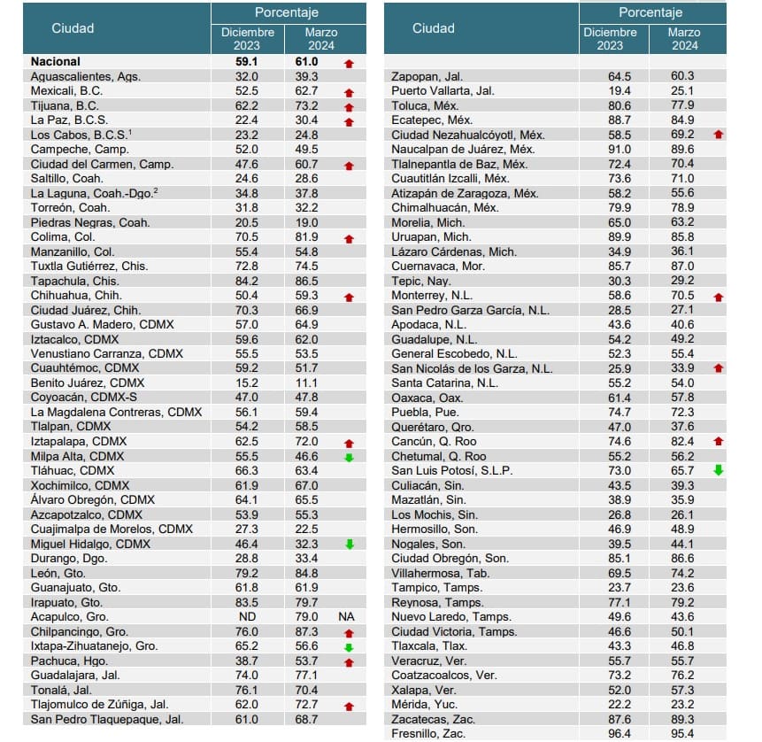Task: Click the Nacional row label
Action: tap(55, 62)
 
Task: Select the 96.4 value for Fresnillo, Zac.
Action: tap(614, 734)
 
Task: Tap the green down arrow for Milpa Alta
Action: tap(349, 457)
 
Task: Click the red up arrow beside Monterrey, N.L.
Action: tap(718, 297)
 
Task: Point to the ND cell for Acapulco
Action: tap(247, 617)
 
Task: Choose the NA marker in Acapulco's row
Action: tap(346, 617)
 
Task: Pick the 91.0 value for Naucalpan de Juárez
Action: tap(614, 150)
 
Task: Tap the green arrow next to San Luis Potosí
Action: tap(718, 471)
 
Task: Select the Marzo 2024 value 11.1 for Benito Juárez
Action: tap(320, 383)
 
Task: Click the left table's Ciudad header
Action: tap(73, 28)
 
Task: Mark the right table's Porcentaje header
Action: tap(650, 12)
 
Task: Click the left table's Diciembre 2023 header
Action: tap(248, 38)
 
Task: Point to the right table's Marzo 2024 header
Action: tap(683, 38)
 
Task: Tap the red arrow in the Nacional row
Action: tap(349, 63)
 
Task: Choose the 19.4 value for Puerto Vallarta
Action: tap(614, 91)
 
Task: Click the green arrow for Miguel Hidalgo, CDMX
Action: tap(349, 545)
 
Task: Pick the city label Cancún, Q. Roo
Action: tap(434, 442)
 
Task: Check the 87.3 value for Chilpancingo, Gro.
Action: tap(320, 632)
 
